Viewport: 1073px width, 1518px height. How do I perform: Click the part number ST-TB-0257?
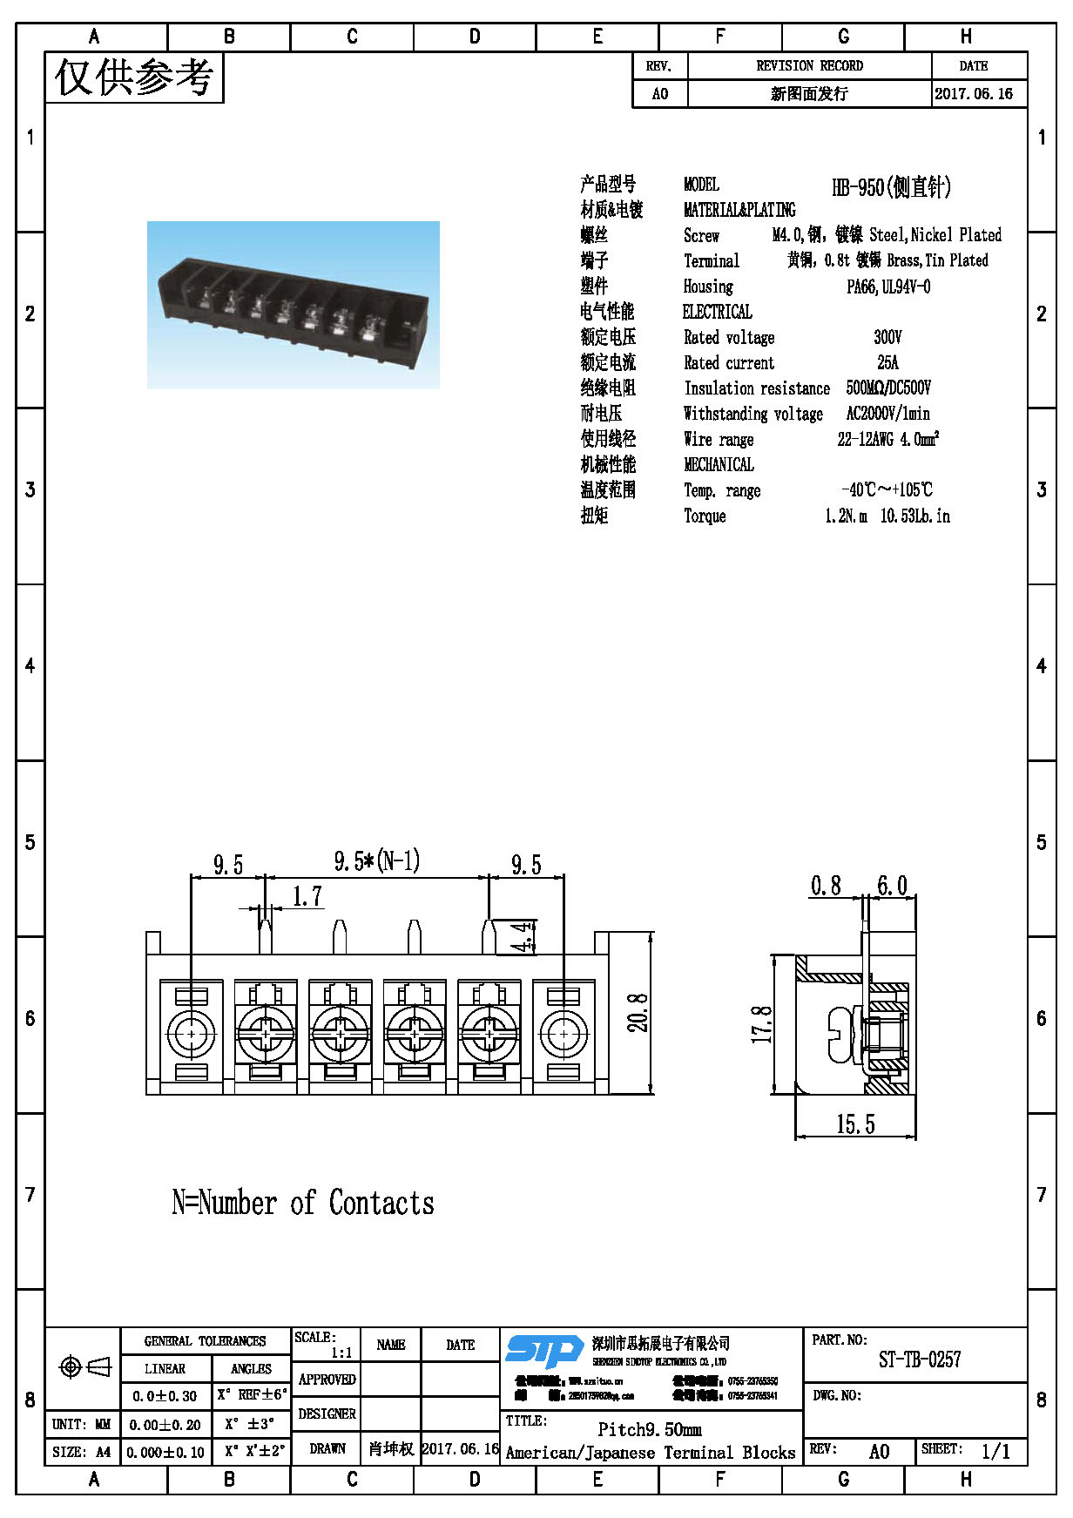coord(919,1359)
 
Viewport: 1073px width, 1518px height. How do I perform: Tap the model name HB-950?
coord(891,186)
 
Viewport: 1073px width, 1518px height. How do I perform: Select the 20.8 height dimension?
coord(638,1012)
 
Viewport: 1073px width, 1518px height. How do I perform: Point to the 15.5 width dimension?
coord(855,1124)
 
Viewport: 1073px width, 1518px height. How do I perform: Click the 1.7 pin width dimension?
coord(307,896)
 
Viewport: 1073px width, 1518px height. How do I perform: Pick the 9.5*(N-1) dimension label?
coord(376,861)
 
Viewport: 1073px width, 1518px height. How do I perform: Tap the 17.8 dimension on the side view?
coord(762,1024)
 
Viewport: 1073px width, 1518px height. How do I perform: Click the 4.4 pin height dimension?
coord(522,937)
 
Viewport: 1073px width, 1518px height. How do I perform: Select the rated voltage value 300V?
coord(887,337)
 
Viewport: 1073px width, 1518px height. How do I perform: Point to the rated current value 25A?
coord(887,362)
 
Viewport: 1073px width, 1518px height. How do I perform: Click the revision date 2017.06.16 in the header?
coord(973,94)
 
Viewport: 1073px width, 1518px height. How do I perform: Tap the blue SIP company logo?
coord(544,1351)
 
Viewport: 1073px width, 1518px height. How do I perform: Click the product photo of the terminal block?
coord(294,305)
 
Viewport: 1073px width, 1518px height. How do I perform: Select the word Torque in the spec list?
coord(705,516)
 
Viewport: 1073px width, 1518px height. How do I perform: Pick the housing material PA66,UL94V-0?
coord(888,287)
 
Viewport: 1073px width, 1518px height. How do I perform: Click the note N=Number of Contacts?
coord(303,1203)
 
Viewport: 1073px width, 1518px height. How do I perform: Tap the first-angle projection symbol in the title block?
coord(84,1367)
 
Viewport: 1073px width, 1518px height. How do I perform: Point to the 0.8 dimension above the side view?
coord(826,887)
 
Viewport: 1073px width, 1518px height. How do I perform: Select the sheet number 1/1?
coord(995,1451)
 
